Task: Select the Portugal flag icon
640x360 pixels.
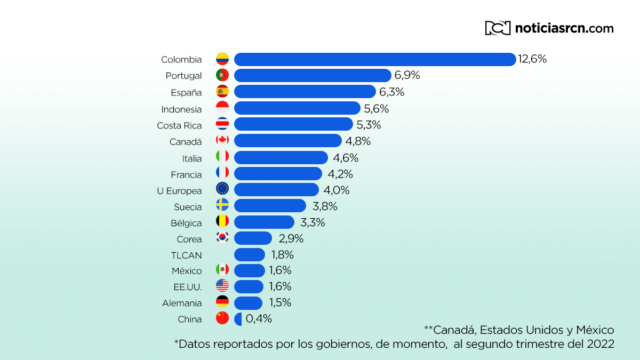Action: click(x=222, y=75)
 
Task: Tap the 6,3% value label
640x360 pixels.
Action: click(x=391, y=92)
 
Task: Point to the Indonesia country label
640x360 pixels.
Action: click(x=181, y=109)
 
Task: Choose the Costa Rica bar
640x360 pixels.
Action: click(x=293, y=124)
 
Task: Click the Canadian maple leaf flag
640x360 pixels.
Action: click(x=222, y=140)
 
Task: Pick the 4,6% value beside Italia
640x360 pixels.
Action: click(x=346, y=157)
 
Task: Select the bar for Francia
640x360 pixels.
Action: click(x=278, y=174)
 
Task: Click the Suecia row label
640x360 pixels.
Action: click(x=188, y=207)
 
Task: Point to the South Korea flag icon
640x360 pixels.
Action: click(x=222, y=237)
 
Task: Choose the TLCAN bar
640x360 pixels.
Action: click(x=250, y=254)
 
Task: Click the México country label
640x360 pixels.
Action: click(x=187, y=271)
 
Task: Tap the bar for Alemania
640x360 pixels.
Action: click(x=248, y=303)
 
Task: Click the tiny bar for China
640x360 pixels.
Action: click(x=238, y=319)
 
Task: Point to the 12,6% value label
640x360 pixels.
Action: click(x=532, y=59)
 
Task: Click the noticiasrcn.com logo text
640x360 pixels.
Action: click(x=564, y=28)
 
